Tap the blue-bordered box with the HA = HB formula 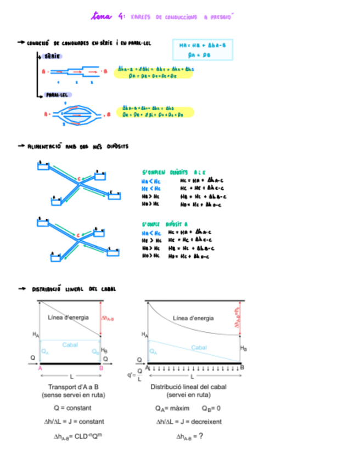tap(203, 50)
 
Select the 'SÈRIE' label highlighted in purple tap(52, 56)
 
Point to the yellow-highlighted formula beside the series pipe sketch tap(155, 72)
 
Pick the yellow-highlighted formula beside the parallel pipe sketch tap(155, 112)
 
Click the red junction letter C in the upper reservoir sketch tap(78, 179)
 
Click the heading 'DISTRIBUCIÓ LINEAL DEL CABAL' tap(74, 289)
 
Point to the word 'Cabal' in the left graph tap(70, 344)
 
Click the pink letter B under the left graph tap(101, 368)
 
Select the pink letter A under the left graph tap(40, 368)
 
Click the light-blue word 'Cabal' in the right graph tap(199, 347)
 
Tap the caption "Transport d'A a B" tap(72, 387)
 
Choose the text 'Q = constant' tap(72, 408)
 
